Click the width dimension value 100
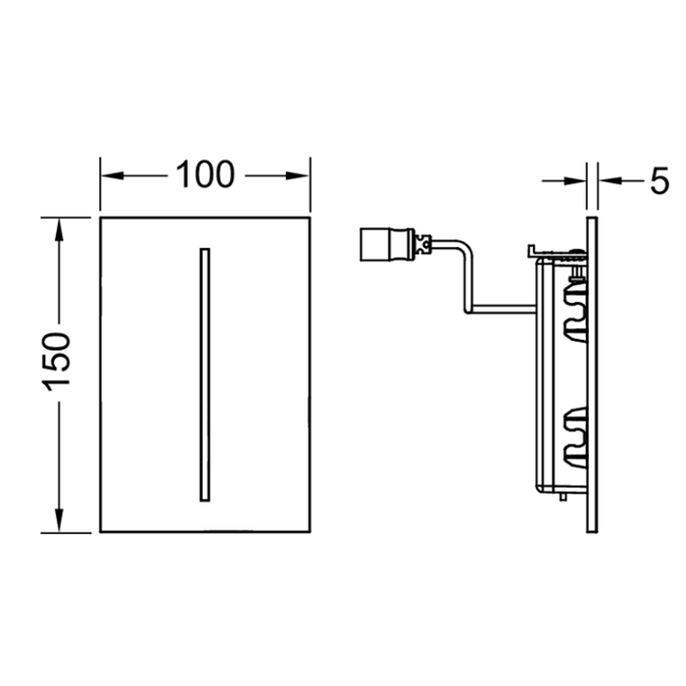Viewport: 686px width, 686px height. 205,175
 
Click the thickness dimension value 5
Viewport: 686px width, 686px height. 658,181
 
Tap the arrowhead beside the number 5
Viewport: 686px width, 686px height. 608,181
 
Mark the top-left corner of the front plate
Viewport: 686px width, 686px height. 101,217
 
